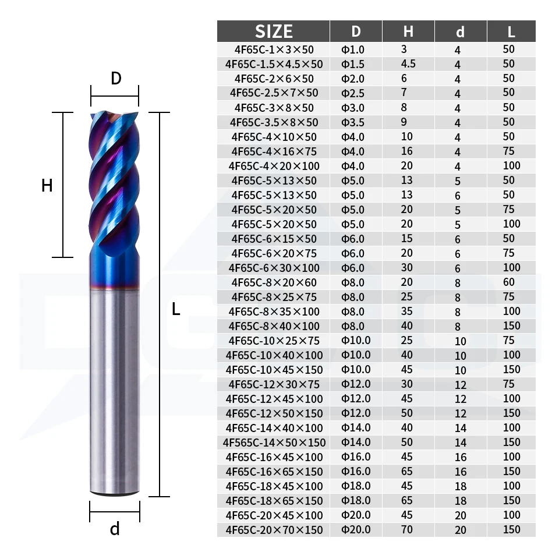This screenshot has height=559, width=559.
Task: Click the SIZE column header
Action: point(274,31)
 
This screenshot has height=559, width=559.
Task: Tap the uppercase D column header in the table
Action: point(356,31)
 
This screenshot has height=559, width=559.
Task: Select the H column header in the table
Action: point(408,31)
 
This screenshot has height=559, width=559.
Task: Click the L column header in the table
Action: point(511,31)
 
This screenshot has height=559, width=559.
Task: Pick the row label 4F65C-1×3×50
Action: point(274,49)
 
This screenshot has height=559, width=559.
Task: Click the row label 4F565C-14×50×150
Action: point(274,443)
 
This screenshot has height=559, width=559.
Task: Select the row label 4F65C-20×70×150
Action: point(274,530)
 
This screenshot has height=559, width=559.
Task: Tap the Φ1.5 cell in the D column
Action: point(353,64)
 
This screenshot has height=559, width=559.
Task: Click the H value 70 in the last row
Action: point(407,529)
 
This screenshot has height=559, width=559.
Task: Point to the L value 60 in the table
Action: point(509,282)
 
